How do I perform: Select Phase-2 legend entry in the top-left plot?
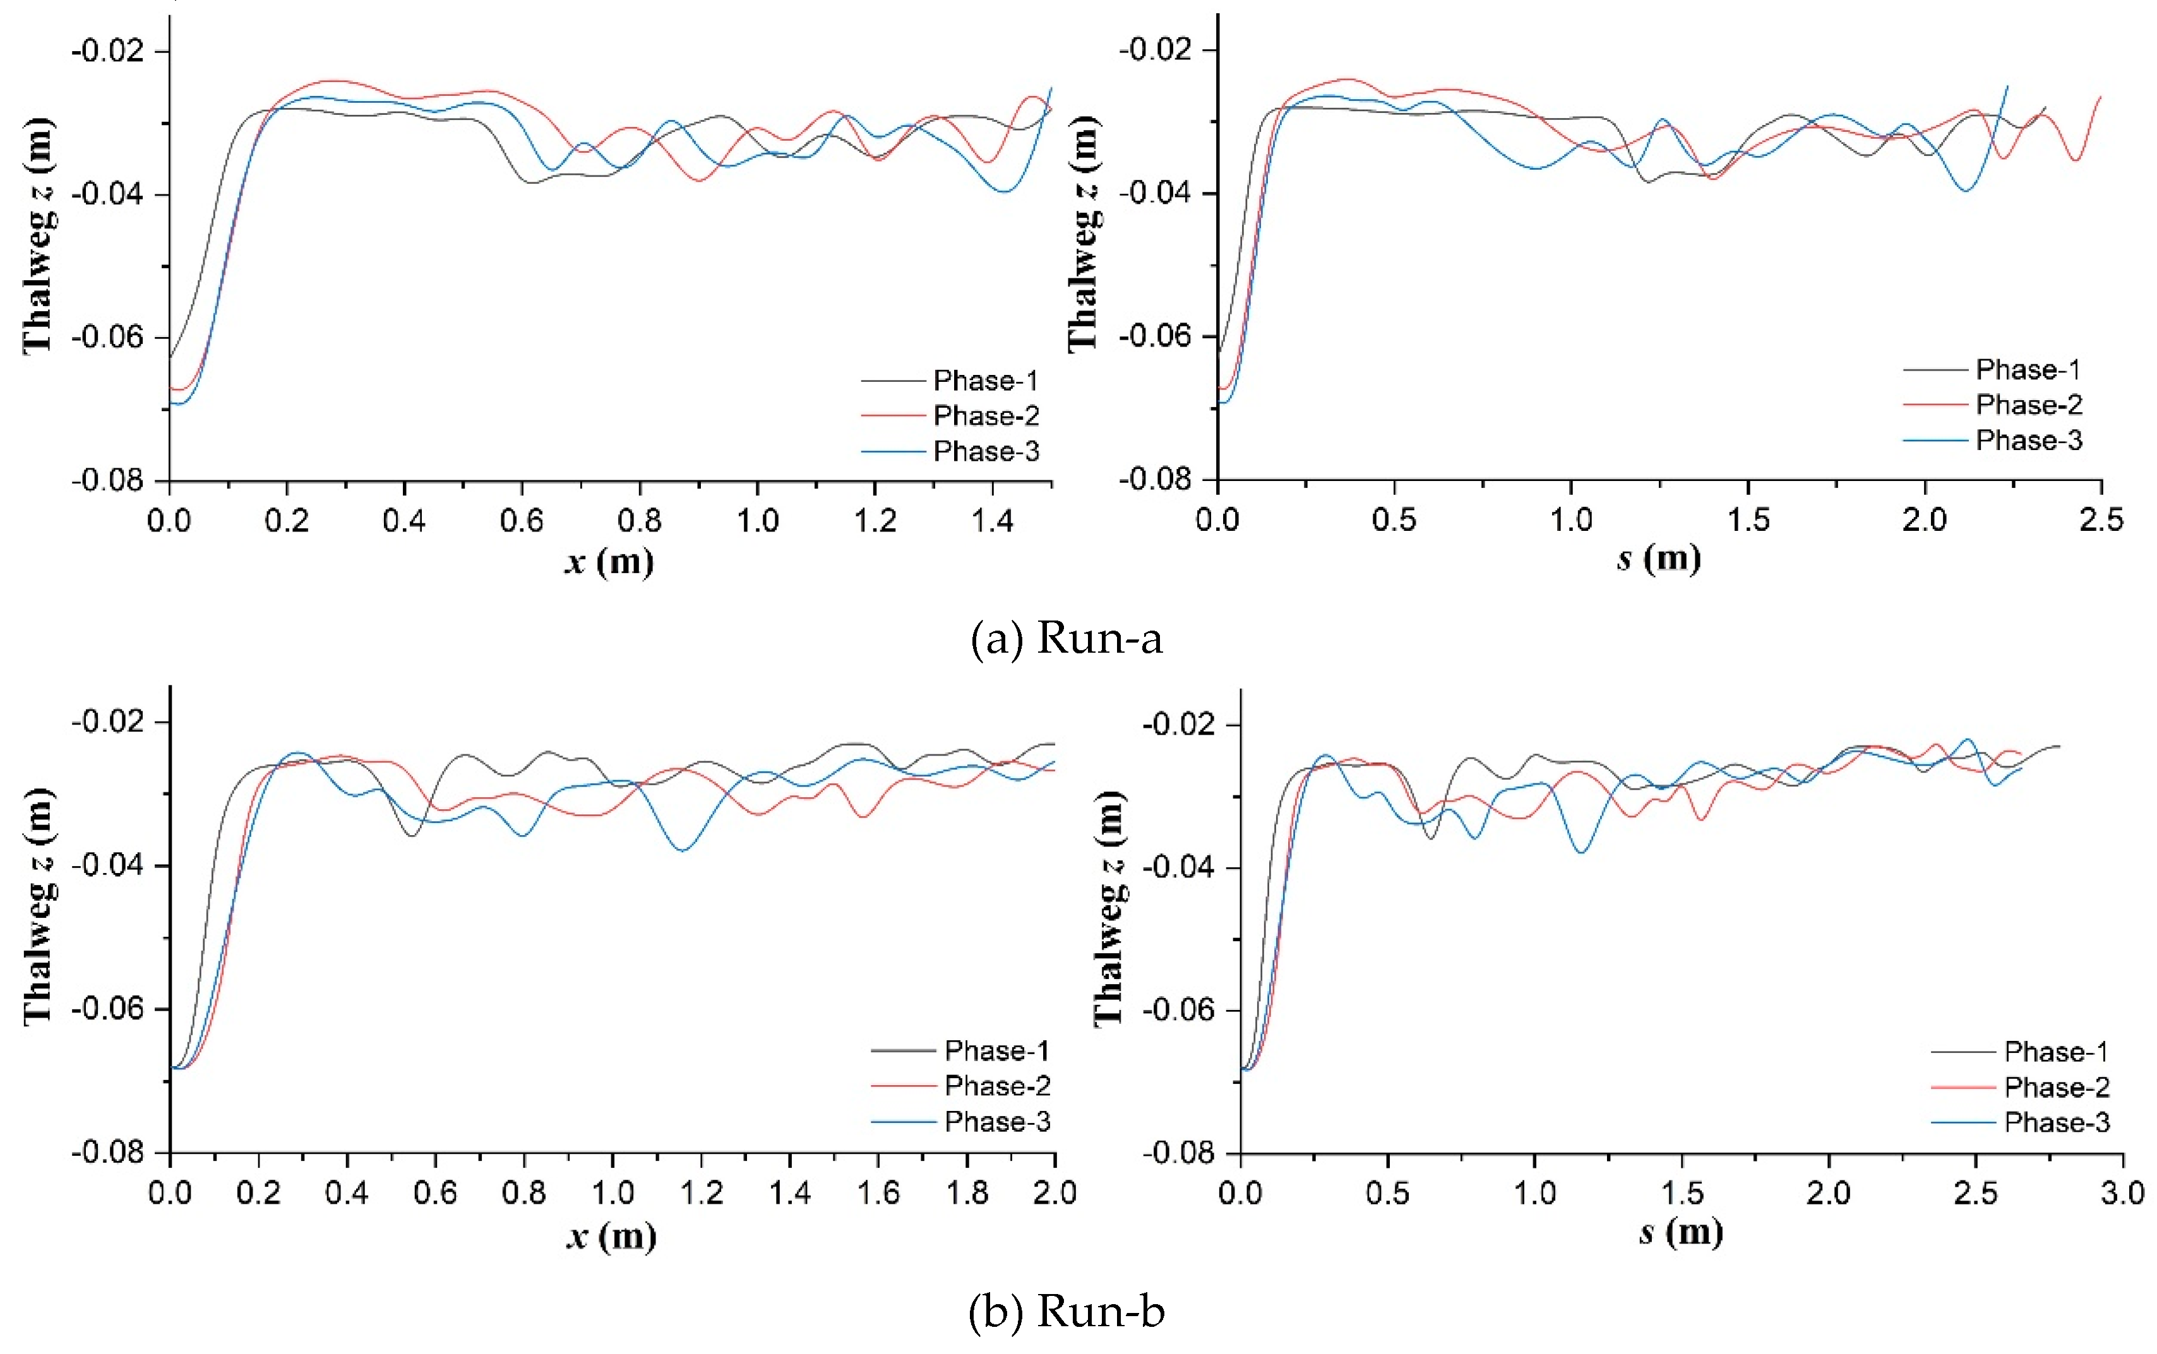(x=985, y=415)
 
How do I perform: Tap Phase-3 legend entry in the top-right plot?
(x=2028, y=440)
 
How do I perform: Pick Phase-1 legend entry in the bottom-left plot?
(x=996, y=1050)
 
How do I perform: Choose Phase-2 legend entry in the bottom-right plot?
(x=2056, y=1086)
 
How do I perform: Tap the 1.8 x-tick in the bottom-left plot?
(x=967, y=1192)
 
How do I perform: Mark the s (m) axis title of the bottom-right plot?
(x=1680, y=1232)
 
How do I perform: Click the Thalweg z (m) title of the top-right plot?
(x=1084, y=235)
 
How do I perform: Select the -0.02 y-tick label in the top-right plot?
(x=1155, y=49)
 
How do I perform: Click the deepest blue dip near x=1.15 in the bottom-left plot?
(x=683, y=850)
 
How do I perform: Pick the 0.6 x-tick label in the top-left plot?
(x=522, y=520)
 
